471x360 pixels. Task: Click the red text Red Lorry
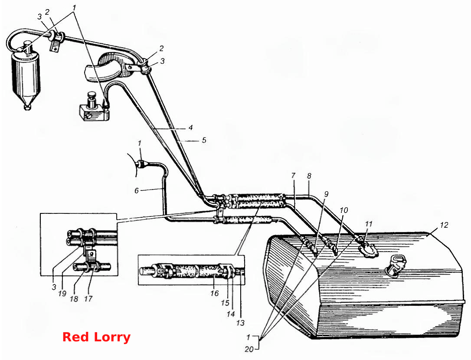coord(96,337)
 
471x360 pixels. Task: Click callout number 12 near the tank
coord(444,225)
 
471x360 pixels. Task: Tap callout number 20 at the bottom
coord(249,349)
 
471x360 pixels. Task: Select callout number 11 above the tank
coord(369,224)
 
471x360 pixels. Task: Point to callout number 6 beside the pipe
coord(137,190)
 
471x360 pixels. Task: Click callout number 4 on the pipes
coord(190,128)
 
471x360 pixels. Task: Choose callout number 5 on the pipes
coord(204,140)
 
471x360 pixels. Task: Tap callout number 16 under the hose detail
coord(215,293)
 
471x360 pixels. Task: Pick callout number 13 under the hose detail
coord(240,323)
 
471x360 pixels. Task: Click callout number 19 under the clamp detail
coord(62,293)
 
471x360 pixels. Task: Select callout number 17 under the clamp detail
coord(88,299)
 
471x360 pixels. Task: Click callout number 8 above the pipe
coord(309,176)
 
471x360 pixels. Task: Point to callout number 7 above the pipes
coord(294,175)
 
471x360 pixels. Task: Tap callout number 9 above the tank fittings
coord(326,194)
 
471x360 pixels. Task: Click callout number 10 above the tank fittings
coord(343,210)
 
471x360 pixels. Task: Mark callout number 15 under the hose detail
coord(225,303)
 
